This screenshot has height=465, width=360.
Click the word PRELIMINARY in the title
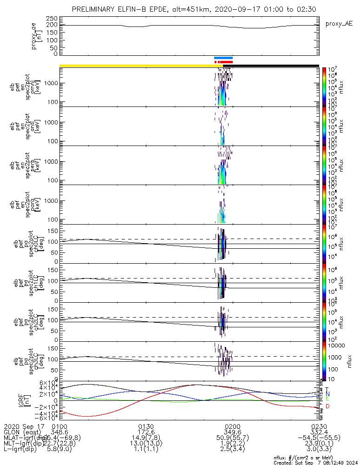(97, 10)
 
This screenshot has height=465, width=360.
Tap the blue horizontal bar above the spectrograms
(223, 58)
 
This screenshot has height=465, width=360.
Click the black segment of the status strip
(274, 66)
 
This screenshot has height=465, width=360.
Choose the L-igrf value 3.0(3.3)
(318, 451)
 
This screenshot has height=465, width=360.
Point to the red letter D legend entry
(327, 406)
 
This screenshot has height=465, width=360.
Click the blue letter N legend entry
(327, 394)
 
